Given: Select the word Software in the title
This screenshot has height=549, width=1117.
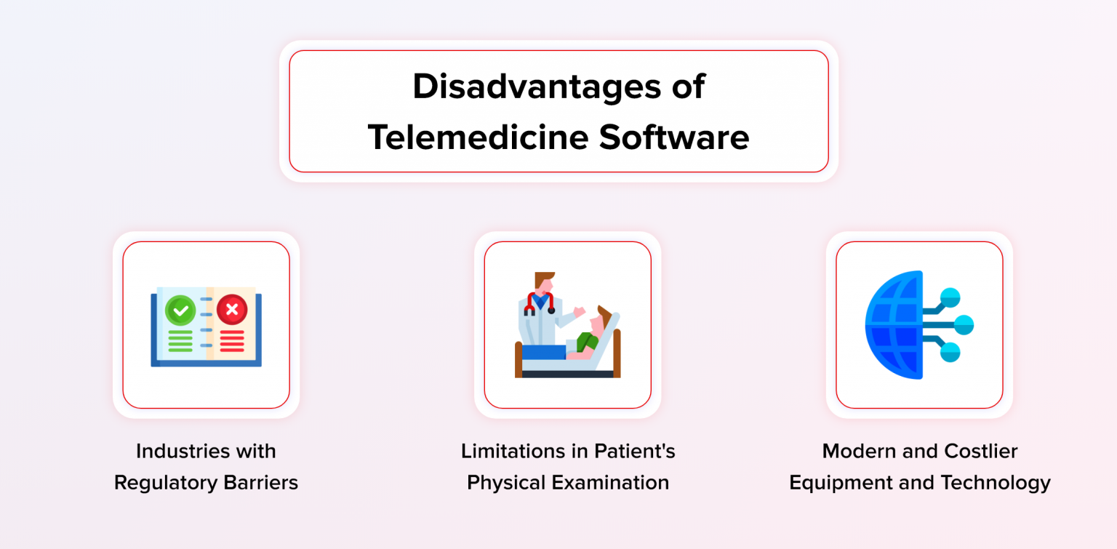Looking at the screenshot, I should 674,137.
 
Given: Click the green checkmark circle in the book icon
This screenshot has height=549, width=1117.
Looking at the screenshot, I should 180,310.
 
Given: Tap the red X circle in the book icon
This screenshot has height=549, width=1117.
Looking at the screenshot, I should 232,310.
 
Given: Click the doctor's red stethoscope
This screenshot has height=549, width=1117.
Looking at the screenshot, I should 540,302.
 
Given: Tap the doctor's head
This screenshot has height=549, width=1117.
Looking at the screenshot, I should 543,281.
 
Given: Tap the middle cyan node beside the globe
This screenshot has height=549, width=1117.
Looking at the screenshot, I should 964,324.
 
